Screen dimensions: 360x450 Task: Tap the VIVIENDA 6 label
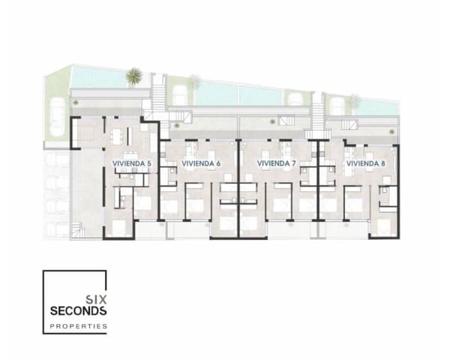click(x=200, y=163)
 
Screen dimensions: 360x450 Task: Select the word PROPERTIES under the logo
click(x=78, y=326)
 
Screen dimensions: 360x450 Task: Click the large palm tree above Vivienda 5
click(x=134, y=75)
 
